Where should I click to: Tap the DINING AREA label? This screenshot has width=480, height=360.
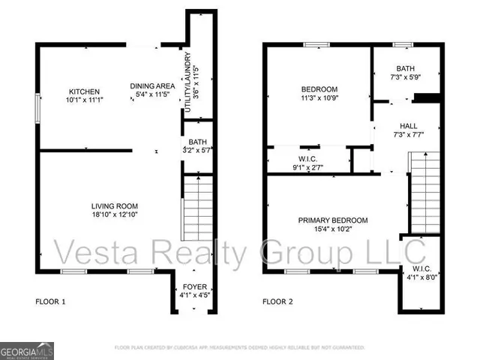tap(152, 86)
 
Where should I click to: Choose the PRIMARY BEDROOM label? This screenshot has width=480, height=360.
tap(333, 220)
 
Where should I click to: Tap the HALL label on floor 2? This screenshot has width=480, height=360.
tap(408, 126)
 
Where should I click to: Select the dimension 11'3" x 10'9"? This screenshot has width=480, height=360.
tap(320, 97)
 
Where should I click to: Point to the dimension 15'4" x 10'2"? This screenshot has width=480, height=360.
tap(333, 229)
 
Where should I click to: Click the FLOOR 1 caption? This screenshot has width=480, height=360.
tap(51, 302)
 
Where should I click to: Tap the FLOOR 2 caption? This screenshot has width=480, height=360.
tap(277, 302)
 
